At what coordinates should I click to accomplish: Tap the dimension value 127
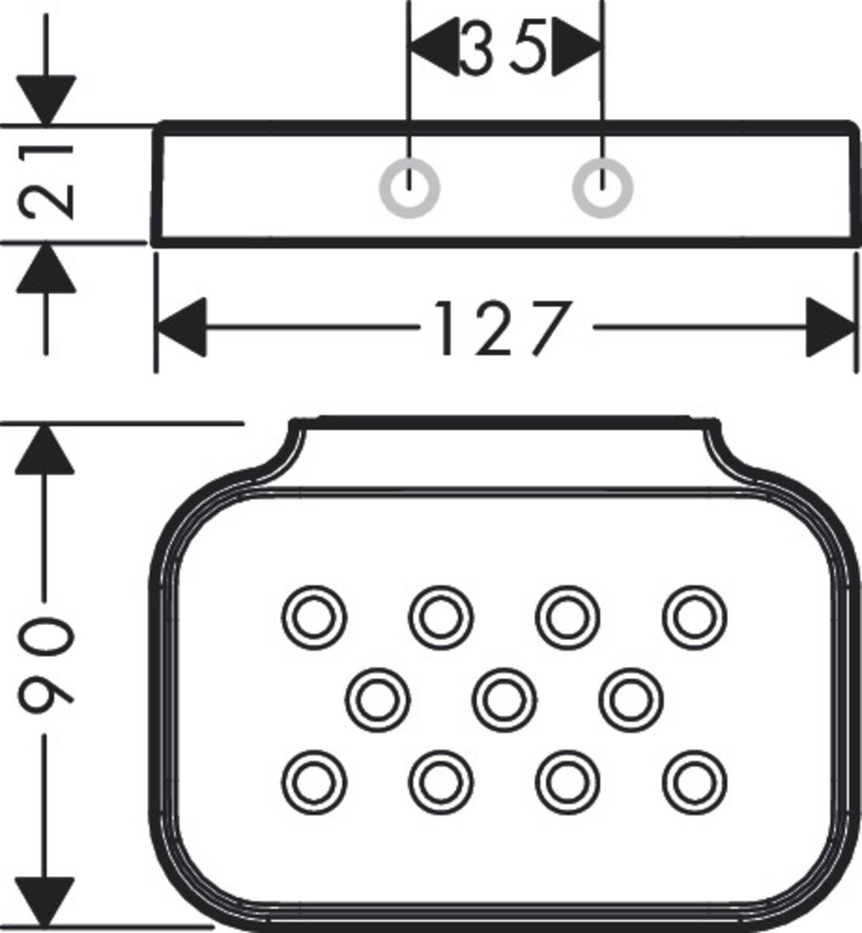click(501, 328)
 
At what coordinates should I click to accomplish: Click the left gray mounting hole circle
click(410, 188)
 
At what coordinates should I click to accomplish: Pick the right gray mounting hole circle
click(602, 188)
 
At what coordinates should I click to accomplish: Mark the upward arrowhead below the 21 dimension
click(47, 269)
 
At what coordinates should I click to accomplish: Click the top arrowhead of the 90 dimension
click(47, 449)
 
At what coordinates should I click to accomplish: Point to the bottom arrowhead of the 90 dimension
click(47, 902)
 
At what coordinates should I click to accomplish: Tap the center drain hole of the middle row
click(504, 700)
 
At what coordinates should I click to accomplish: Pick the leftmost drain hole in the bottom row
click(314, 781)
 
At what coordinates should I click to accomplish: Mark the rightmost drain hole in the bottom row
click(695, 781)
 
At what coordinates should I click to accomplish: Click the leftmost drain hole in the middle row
click(378, 700)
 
